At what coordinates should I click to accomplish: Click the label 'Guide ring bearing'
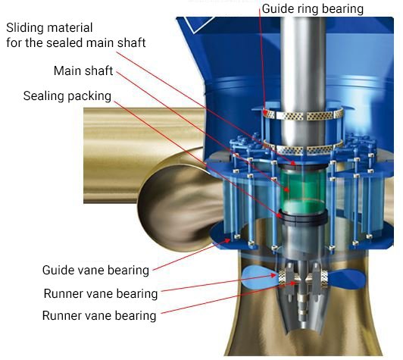pos(313,9)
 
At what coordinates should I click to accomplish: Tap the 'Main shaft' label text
pos(83,70)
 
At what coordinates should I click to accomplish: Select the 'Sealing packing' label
pos(67,96)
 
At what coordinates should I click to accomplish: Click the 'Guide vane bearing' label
pos(95,271)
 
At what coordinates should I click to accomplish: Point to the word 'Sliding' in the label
pos(24,28)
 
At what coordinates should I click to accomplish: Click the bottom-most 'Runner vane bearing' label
pos(99,315)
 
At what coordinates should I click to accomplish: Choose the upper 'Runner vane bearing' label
pos(101,293)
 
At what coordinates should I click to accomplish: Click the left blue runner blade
pos(260,277)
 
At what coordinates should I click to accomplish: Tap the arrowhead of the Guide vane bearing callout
pos(228,240)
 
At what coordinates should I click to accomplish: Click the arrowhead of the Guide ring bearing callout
pos(265,112)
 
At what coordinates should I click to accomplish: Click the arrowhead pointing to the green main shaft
pos(287,189)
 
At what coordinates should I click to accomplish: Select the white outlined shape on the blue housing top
pos(198,25)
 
